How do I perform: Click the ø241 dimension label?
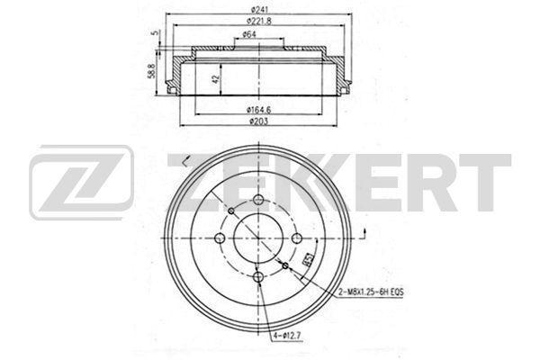point(258,9)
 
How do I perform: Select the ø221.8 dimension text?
point(258,21)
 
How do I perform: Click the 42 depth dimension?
point(216,79)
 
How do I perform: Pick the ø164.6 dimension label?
point(259,110)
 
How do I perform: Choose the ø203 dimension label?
point(258,121)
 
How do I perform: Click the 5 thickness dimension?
point(156,32)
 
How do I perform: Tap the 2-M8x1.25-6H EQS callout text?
point(371,292)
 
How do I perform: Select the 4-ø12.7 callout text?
point(288,335)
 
